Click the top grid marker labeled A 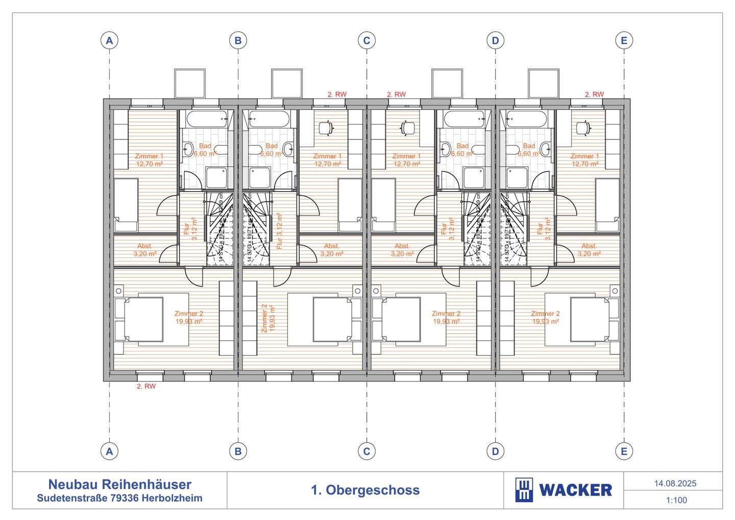pyautogui.click(x=109, y=40)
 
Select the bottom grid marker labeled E pyautogui.click(x=624, y=451)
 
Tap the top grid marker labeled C pyautogui.click(x=366, y=40)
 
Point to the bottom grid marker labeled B pyautogui.click(x=238, y=451)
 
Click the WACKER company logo pyautogui.click(x=563, y=490)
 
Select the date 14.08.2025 pyautogui.click(x=675, y=483)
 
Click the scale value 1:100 pyautogui.click(x=676, y=500)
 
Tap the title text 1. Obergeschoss pyautogui.click(x=365, y=490)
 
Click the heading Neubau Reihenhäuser pyautogui.click(x=119, y=484)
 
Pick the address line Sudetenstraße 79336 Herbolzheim pyautogui.click(x=119, y=498)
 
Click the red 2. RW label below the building pyautogui.click(x=146, y=387)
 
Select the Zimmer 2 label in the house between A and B pyautogui.click(x=188, y=317)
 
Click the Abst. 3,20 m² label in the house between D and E pyautogui.click(x=589, y=249)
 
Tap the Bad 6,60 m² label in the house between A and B pyautogui.click(x=205, y=149)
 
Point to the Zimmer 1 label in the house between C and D pyautogui.click(x=407, y=160)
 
